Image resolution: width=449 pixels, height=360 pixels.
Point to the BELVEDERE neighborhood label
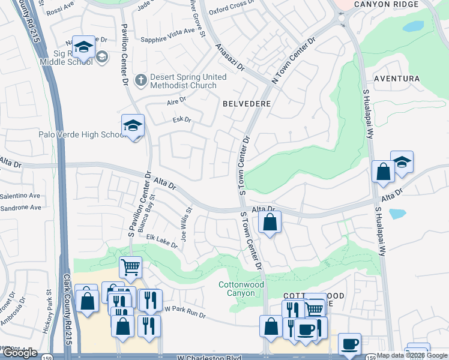click(x=247, y=104)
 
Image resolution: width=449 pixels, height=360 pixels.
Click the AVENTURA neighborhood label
click(x=396, y=79)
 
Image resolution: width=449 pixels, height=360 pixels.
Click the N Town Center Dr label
click(x=293, y=61)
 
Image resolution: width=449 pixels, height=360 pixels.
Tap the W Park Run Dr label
click(x=185, y=312)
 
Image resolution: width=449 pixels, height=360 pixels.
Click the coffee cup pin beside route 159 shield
click(x=349, y=344)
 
